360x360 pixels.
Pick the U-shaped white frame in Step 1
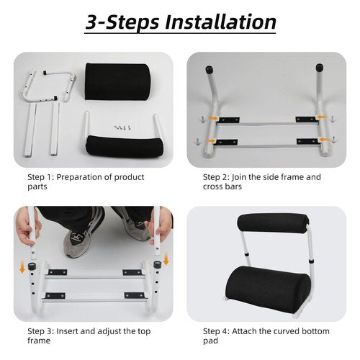coord(50,86)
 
